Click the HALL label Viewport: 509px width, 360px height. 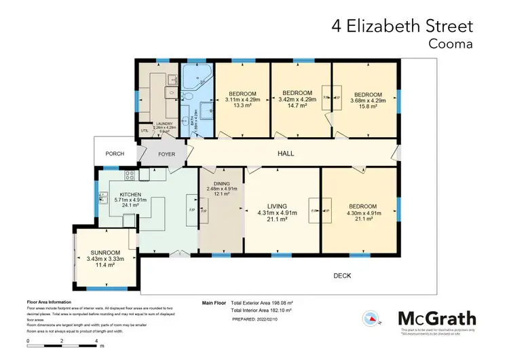pyautogui.click(x=286, y=154)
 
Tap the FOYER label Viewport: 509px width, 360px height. pyautogui.click(x=166, y=154)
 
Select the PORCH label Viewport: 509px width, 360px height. pyautogui.click(x=115, y=154)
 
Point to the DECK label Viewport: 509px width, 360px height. pyautogui.click(x=342, y=275)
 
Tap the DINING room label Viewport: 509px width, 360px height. pyautogui.click(x=221, y=183)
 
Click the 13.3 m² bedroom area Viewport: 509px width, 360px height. pyautogui.click(x=242, y=106)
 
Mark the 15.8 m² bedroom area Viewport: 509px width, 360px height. pyautogui.click(x=368, y=106)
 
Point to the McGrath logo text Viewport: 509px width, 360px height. pyautogui.click(x=436, y=319)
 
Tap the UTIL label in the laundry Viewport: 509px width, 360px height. pyautogui.click(x=144, y=130)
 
